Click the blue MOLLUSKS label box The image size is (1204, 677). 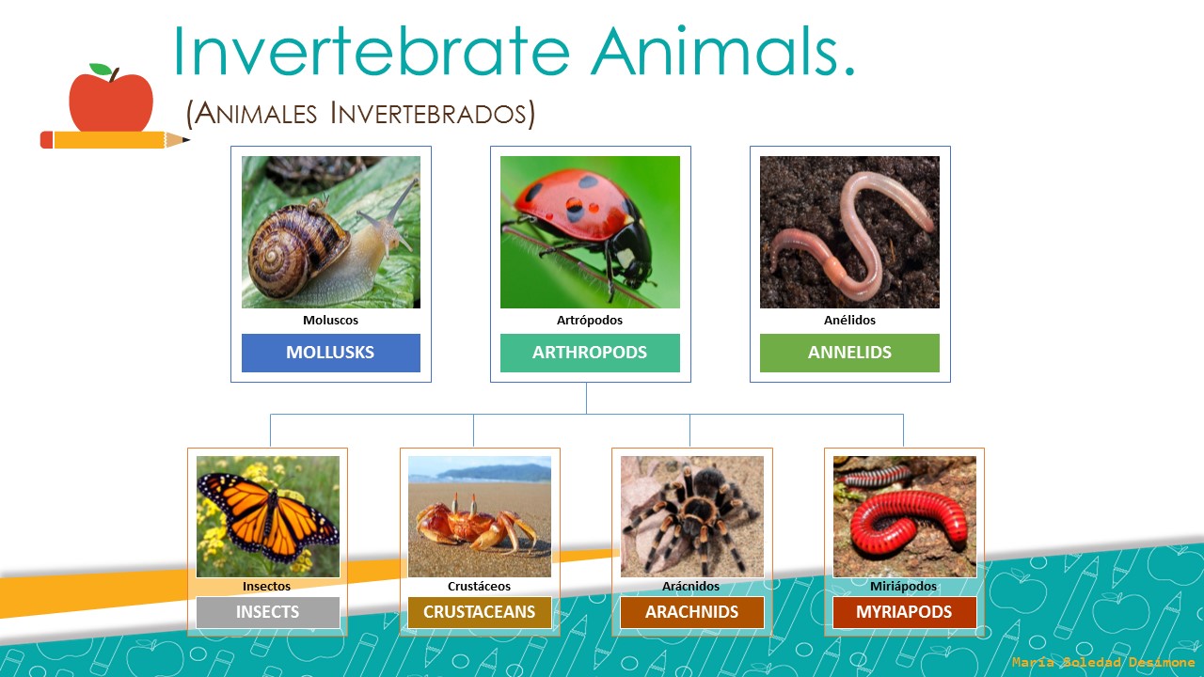point(330,353)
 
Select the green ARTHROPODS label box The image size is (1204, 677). point(590,353)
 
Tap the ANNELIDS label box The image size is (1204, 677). point(849,353)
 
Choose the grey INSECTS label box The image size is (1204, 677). point(267,612)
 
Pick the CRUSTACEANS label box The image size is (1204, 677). point(479,612)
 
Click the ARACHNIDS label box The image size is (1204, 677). point(691,612)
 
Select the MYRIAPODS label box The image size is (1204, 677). point(904,612)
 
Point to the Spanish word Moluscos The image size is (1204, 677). point(330,320)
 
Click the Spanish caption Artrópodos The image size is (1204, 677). point(590,320)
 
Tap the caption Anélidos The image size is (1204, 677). point(849,320)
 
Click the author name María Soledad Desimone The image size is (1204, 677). point(1103,663)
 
